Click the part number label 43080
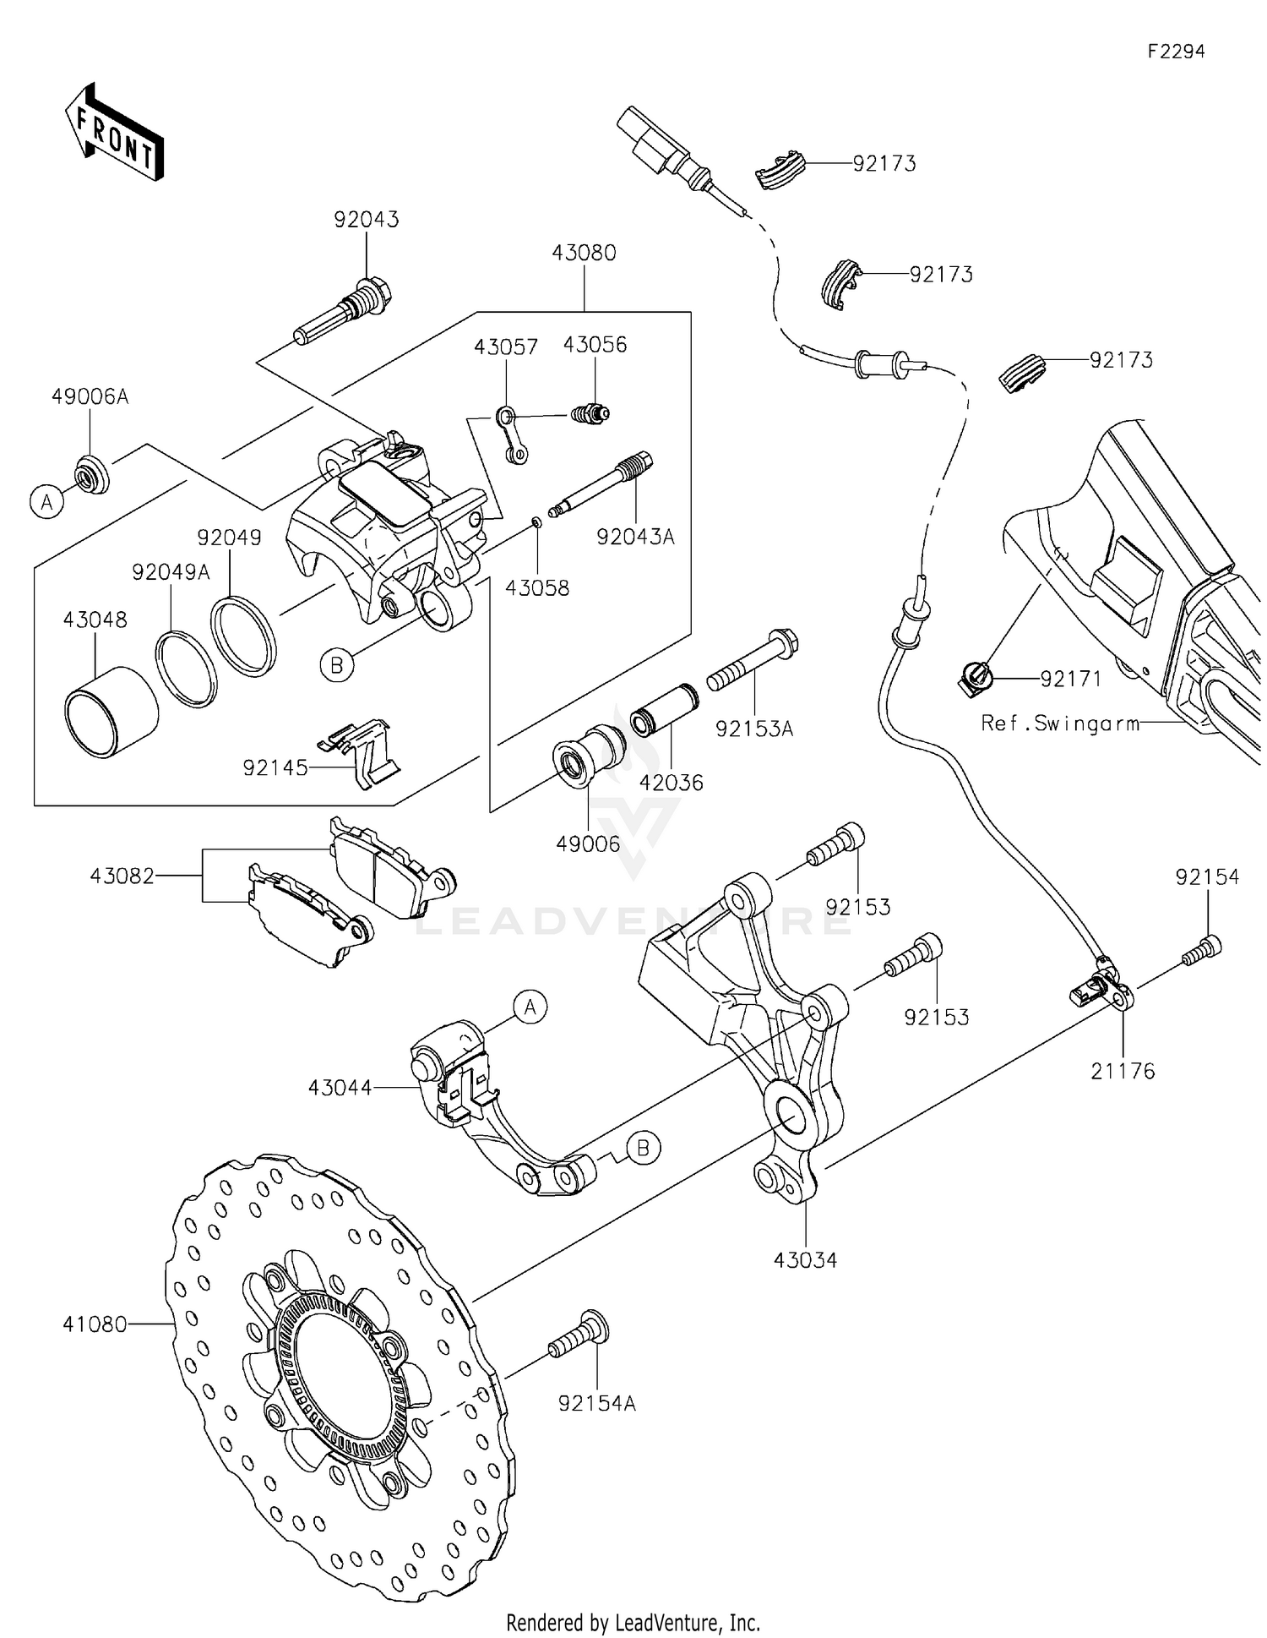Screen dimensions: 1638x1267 [584, 253]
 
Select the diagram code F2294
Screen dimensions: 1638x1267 [1176, 52]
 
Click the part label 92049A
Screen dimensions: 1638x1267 [171, 572]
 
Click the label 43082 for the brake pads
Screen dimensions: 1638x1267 [122, 876]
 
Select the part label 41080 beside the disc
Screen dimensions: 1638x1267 [95, 1324]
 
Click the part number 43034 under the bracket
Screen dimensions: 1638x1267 [805, 1260]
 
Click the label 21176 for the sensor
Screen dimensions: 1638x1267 [1122, 1071]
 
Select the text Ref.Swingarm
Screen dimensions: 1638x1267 [1060, 723]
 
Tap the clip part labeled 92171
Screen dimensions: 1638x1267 [975, 678]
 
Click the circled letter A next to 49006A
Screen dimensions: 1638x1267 [47, 502]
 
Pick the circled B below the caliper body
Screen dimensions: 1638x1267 [336, 666]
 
